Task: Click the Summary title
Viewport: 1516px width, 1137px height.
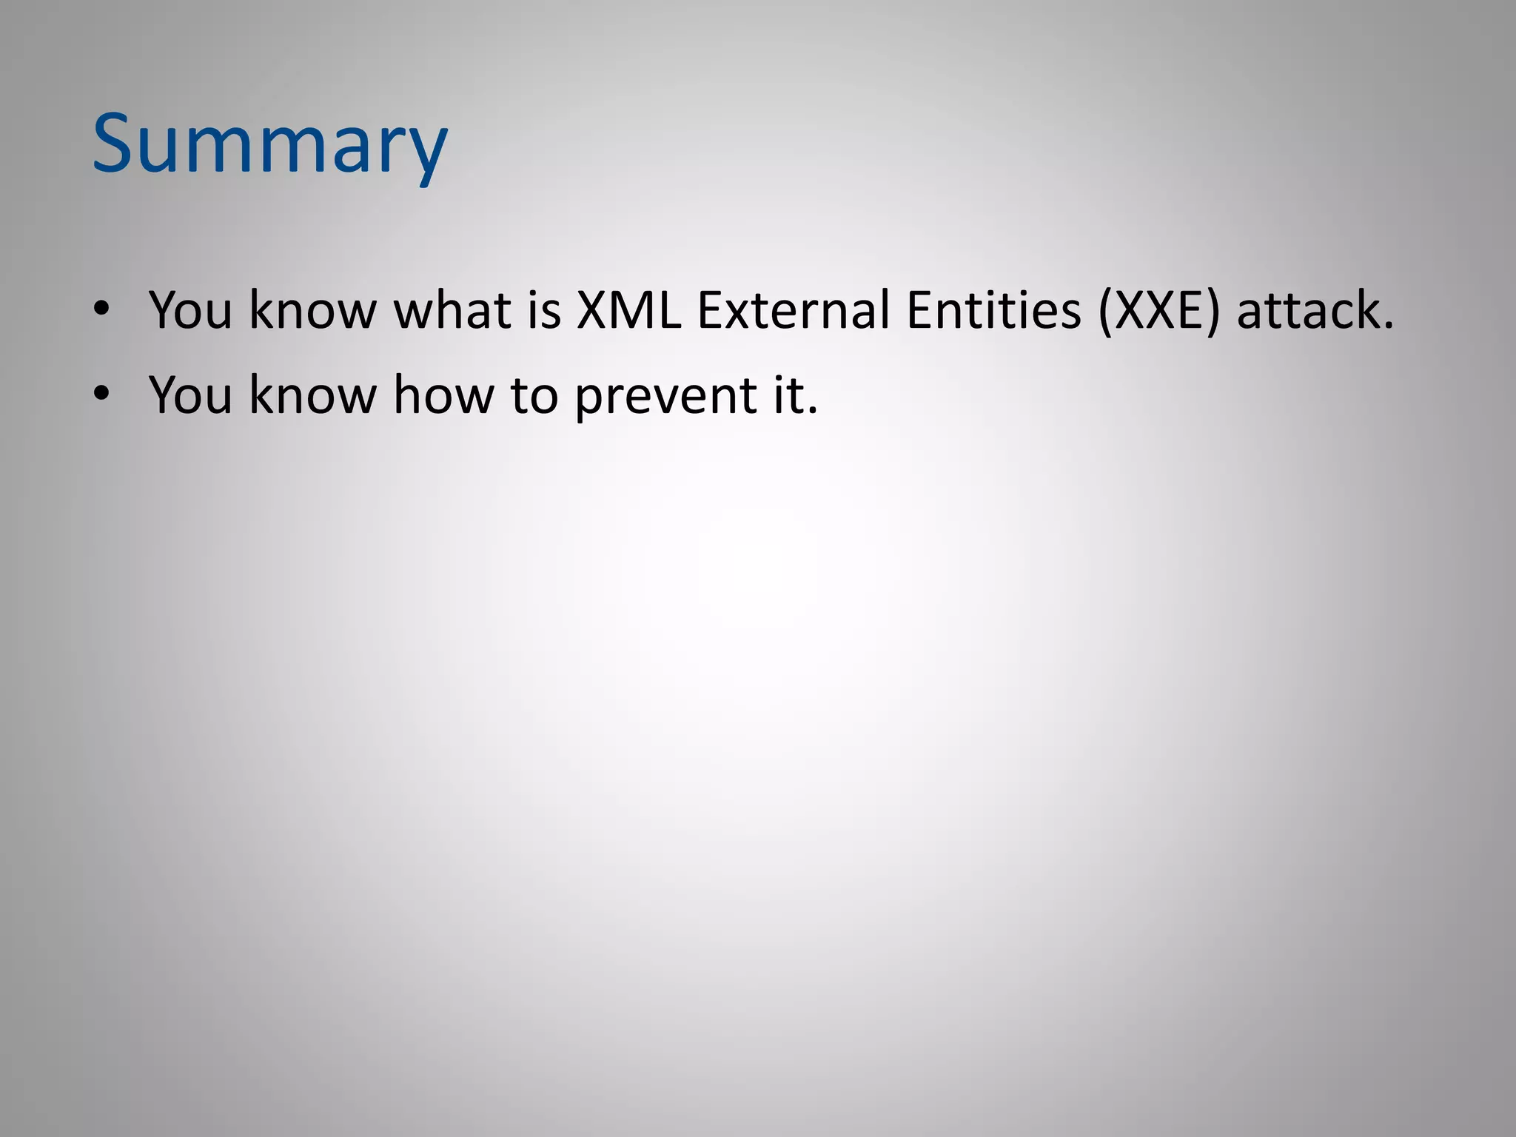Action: coord(269,144)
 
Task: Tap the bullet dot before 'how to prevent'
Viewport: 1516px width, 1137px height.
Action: coord(101,393)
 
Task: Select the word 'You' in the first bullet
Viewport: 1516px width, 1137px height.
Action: coord(190,309)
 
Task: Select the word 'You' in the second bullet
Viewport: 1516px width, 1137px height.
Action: coord(190,395)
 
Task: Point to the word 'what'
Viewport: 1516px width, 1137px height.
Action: coord(452,309)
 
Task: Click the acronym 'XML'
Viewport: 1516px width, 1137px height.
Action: coord(628,309)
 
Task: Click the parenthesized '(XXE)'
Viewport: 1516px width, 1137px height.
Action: coord(1158,309)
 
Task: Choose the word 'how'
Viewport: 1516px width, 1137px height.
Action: coord(443,395)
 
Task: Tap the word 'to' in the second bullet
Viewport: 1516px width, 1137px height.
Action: coord(534,395)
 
